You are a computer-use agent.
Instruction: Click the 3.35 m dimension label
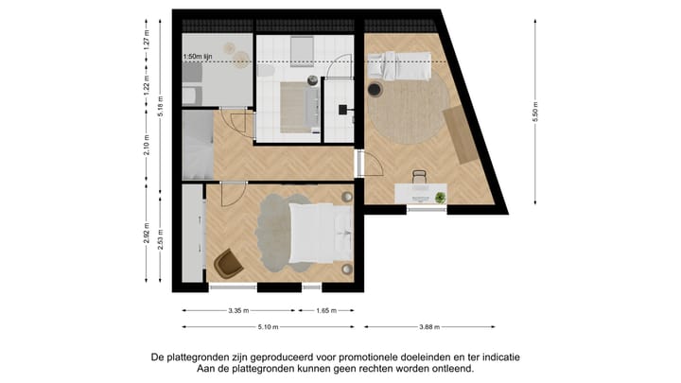[239, 310]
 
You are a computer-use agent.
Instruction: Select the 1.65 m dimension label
[326, 310]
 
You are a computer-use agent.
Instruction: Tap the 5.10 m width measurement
[267, 328]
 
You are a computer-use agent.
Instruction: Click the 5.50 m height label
[535, 111]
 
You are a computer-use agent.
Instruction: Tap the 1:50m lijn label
[200, 57]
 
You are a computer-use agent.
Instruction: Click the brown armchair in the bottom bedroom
[227, 263]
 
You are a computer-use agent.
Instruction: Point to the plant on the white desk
[440, 197]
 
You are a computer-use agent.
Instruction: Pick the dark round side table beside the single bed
[375, 91]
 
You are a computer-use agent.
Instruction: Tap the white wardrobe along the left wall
[194, 234]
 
